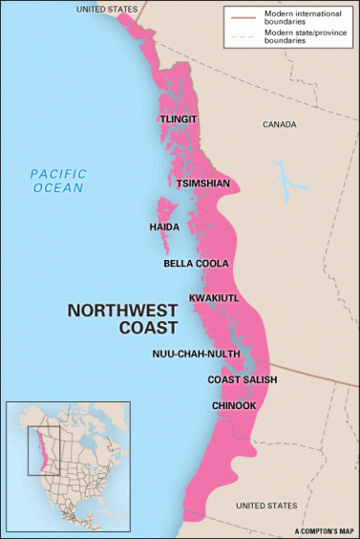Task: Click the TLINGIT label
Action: point(179,119)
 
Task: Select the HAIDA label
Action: point(165,226)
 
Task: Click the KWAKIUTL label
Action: point(214,298)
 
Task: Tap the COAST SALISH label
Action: point(243,380)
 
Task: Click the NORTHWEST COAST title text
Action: point(122,319)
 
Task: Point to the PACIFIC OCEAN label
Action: point(57,181)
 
